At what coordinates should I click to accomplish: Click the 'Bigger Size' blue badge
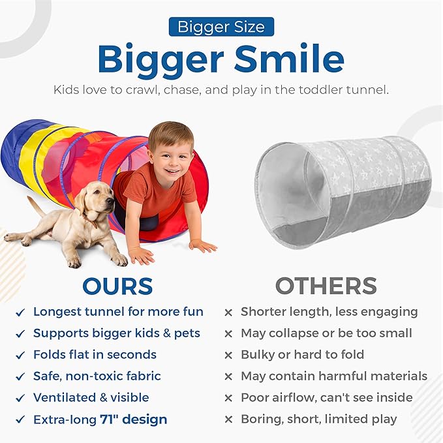(221, 27)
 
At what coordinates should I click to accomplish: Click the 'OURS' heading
(117, 286)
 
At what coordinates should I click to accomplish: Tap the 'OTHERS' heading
(326, 286)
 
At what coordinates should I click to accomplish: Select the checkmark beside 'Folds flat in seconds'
(21, 355)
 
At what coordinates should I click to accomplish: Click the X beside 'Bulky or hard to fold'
(228, 355)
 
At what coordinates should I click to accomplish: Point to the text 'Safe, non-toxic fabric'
(97, 376)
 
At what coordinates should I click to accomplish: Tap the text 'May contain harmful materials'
(333, 376)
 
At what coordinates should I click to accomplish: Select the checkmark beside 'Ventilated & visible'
(21, 397)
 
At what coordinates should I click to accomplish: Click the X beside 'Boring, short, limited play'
(228, 419)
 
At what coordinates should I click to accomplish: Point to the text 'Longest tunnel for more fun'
(118, 312)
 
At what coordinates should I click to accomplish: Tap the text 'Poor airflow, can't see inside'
(326, 397)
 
